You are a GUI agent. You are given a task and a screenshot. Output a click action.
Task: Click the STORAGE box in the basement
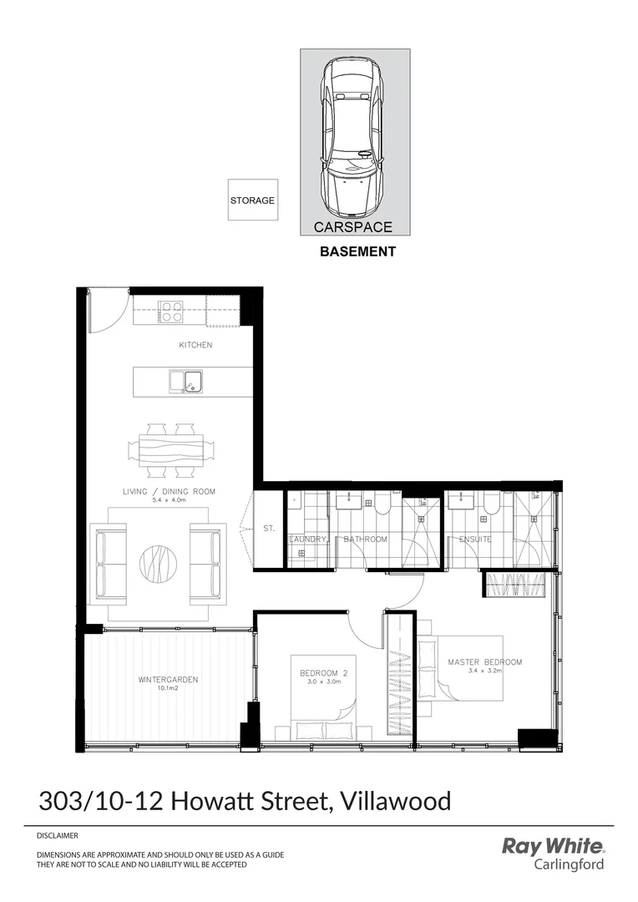pos(251,200)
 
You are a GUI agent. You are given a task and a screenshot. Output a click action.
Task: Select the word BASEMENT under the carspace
pos(357,251)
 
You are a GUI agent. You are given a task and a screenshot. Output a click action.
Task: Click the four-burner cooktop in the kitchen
pos(172,312)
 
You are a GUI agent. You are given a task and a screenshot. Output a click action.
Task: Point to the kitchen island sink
pos(188,382)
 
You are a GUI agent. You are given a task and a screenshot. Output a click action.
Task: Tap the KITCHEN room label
pos(195,345)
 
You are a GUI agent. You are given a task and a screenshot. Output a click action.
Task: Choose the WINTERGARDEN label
pos(168,680)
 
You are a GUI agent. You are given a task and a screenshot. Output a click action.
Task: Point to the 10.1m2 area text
pos(169,689)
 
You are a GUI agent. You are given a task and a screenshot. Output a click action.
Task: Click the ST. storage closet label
pos(269,529)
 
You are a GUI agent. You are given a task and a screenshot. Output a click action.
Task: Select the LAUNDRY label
pos(307,540)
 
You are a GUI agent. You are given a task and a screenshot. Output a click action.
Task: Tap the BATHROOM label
pos(366,540)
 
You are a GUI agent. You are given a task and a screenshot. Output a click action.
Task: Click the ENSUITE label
pos(475,540)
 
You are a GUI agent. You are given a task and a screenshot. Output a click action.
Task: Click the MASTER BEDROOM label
pos(484,662)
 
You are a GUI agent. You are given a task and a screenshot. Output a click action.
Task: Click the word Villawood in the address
pos(394,802)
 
